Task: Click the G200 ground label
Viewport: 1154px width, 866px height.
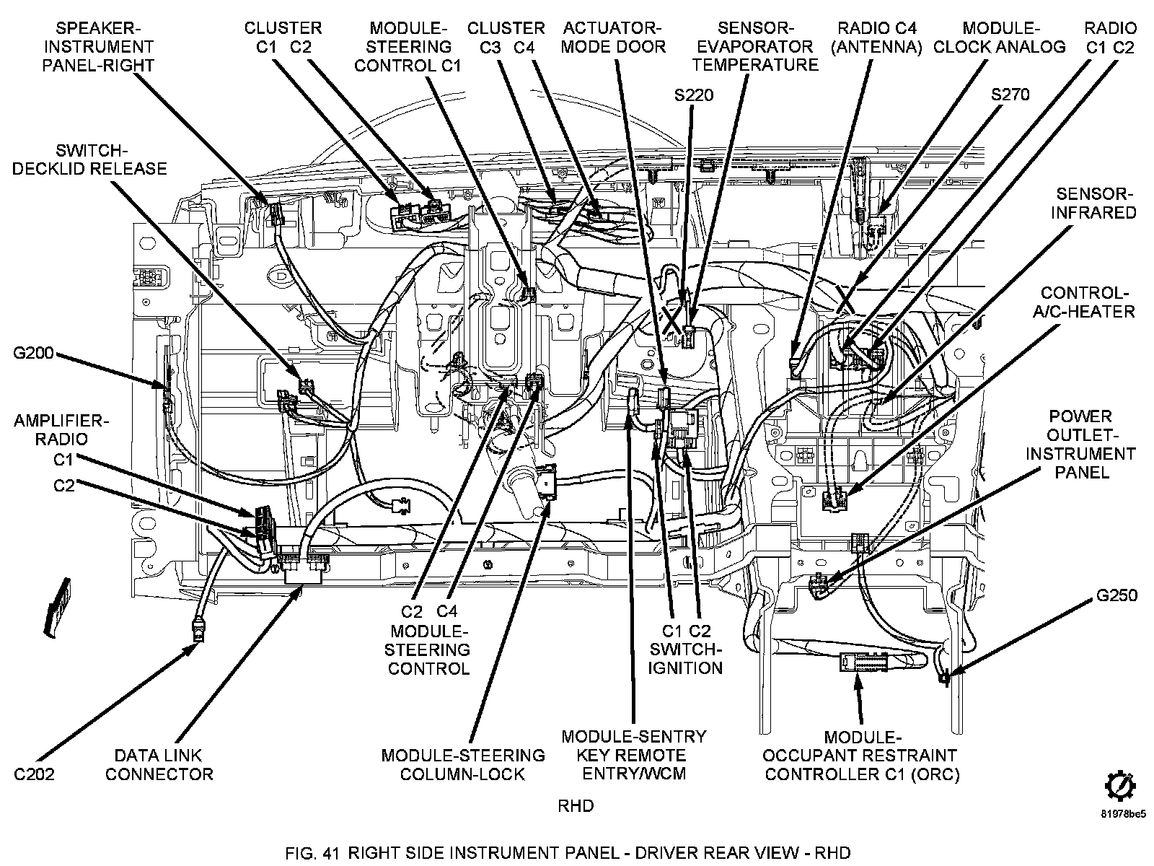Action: (33, 354)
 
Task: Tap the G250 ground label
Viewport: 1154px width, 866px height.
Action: (1116, 595)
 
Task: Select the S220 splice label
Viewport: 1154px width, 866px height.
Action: (693, 95)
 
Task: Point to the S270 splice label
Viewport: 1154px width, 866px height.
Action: (1010, 95)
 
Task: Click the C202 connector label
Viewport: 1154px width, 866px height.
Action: (34, 774)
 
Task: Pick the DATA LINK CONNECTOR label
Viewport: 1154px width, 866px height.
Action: (159, 765)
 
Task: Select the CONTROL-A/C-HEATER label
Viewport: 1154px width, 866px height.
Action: (1088, 302)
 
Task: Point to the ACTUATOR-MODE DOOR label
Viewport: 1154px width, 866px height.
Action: (613, 38)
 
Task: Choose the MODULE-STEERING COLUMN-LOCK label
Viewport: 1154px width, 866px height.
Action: (463, 765)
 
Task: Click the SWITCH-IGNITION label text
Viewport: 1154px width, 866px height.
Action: (684, 657)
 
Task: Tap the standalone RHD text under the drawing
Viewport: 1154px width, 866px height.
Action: (576, 805)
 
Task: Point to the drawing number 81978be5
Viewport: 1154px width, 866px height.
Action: (1123, 815)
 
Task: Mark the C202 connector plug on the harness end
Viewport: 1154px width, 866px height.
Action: (198, 632)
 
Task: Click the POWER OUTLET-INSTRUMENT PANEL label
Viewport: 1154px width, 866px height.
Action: (1080, 445)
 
